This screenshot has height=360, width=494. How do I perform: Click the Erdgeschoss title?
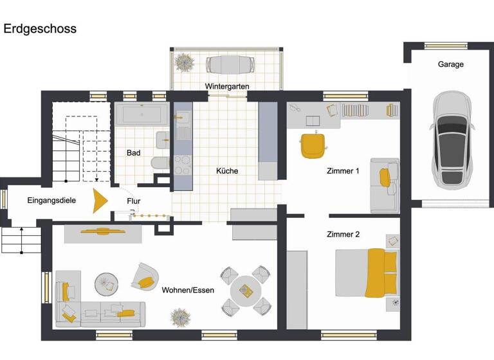coord(40,29)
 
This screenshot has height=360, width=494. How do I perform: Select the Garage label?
coord(450,64)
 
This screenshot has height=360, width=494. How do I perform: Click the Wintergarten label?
coord(227,86)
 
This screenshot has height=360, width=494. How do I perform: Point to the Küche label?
coord(227,171)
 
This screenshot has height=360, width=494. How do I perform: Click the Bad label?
coord(134,153)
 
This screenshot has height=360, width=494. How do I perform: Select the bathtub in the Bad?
coord(142,116)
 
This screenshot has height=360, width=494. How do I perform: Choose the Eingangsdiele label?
coord(51,201)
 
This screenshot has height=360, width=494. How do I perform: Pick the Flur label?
coord(134,201)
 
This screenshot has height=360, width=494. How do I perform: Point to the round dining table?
coord(246,291)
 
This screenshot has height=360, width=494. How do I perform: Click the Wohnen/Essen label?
coord(188,290)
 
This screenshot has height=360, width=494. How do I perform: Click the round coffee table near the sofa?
coord(107,282)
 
